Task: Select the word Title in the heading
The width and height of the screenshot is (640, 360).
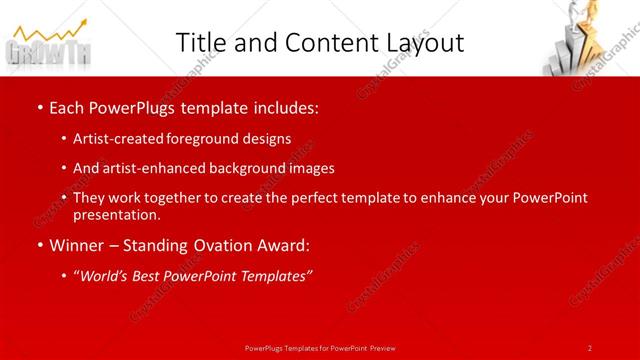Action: [200, 43]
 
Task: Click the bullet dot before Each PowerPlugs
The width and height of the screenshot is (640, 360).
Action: [38, 106]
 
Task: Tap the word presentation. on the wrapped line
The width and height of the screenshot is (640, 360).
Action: [117, 214]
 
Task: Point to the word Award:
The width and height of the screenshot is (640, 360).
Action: [284, 244]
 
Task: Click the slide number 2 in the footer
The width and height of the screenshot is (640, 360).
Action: [590, 347]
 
